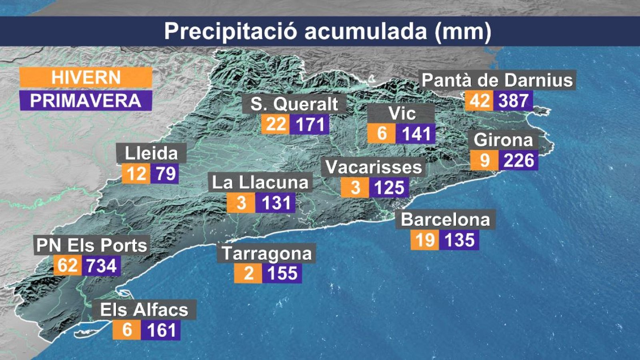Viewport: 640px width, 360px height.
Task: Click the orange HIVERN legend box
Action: point(86,77)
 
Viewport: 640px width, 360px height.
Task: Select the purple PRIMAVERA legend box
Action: point(86,100)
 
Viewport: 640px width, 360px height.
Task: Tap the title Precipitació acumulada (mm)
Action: point(328,31)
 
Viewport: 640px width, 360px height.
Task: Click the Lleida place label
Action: point(151,153)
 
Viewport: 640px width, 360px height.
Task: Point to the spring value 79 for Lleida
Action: point(165,174)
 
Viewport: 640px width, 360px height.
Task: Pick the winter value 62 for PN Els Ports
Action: point(68,266)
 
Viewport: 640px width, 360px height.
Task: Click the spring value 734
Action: point(101,266)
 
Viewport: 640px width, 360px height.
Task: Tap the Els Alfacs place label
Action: point(144,310)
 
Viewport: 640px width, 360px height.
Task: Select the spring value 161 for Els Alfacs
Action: point(161,330)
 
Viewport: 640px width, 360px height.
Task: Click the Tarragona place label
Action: point(266,253)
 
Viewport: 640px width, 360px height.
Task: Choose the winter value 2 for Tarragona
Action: point(248,273)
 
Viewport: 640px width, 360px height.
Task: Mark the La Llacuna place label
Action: point(260,182)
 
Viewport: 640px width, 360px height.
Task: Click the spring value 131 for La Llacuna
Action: point(276,203)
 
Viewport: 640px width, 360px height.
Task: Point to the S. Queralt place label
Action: point(294,104)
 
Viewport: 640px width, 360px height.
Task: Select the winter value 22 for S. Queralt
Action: point(276,124)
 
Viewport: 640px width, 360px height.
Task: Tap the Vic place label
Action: point(402,114)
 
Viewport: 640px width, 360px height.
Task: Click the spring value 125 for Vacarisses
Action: point(389,188)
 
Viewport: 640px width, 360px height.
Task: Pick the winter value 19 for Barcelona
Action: point(425,240)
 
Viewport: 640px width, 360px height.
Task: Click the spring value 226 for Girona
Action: point(518,160)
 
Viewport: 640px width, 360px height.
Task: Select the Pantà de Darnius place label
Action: point(497,80)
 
